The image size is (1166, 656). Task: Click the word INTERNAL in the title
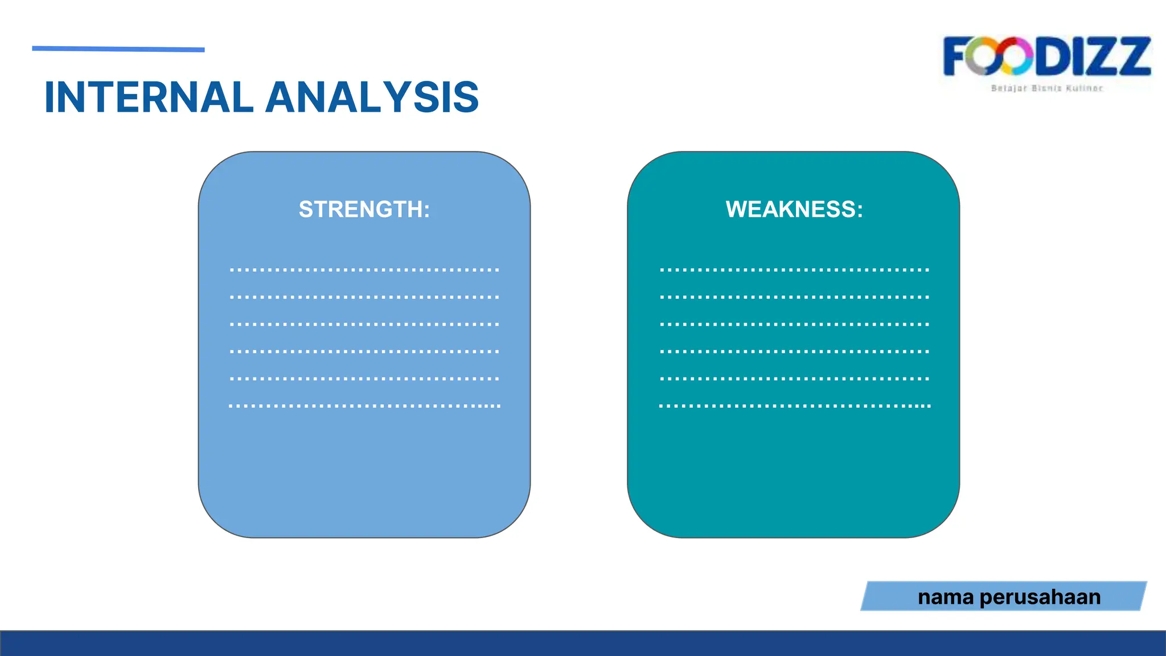pyautogui.click(x=149, y=97)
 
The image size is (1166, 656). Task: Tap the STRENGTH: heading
pyautogui.click(x=364, y=210)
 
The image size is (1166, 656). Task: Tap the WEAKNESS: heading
pyautogui.click(x=794, y=210)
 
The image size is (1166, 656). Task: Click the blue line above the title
pyautogui.click(x=118, y=50)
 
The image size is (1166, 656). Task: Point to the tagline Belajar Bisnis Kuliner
pyautogui.click(x=1047, y=88)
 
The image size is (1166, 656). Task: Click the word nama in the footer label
pyautogui.click(x=946, y=597)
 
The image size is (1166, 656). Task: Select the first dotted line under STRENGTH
pyautogui.click(x=364, y=270)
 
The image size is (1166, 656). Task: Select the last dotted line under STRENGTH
pyautogui.click(x=364, y=406)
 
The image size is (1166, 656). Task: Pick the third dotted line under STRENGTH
pyautogui.click(x=364, y=324)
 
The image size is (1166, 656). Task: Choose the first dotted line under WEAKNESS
pyautogui.click(x=794, y=270)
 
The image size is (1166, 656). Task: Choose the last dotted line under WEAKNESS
pyautogui.click(x=794, y=406)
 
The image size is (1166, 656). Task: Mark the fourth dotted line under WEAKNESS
pyautogui.click(x=794, y=351)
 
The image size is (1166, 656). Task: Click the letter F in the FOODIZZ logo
pyautogui.click(x=958, y=56)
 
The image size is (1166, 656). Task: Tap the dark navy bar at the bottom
pyautogui.click(x=583, y=643)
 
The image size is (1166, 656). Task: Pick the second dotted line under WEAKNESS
pyautogui.click(x=794, y=297)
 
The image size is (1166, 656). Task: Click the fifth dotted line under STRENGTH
pyautogui.click(x=364, y=379)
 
